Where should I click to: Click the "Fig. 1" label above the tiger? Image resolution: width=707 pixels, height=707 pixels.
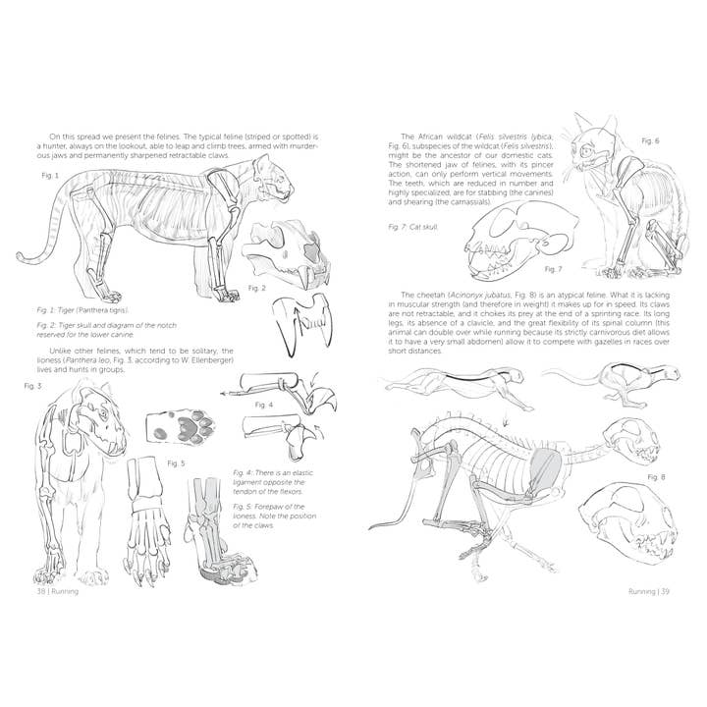(x=50, y=176)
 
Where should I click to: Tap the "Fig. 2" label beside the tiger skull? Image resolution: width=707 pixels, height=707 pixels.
(x=257, y=288)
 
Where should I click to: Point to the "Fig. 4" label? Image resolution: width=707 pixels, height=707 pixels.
(x=263, y=404)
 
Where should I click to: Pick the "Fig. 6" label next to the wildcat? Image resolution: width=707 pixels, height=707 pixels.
(x=650, y=141)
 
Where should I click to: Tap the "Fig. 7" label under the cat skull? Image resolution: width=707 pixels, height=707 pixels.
(x=553, y=268)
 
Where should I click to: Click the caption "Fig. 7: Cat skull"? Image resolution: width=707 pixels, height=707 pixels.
(x=411, y=226)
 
